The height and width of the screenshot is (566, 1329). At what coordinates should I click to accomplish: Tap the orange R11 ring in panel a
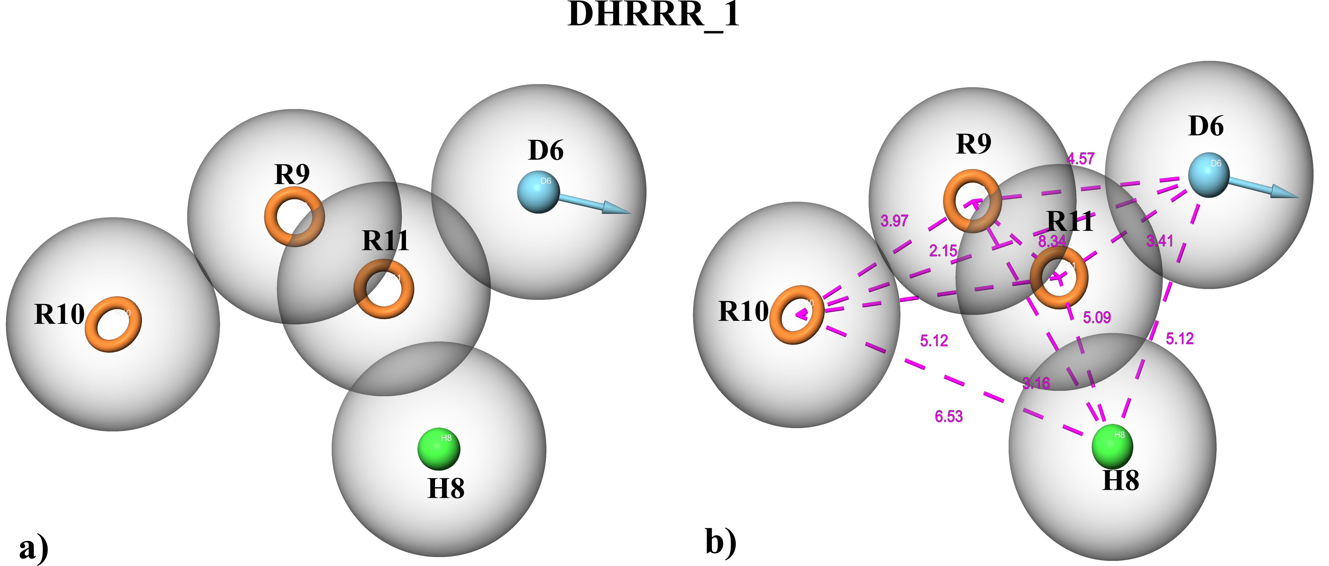(x=361, y=289)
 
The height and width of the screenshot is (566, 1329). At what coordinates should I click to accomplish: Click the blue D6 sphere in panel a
(x=538, y=192)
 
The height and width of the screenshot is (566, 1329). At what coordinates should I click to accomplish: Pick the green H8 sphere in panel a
(x=439, y=449)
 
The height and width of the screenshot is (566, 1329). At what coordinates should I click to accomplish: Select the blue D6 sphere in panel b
(x=1208, y=174)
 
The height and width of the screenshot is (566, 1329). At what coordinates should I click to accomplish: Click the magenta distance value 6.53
(x=948, y=416)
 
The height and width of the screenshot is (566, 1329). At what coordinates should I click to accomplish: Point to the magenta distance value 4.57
(x=1080, y=159)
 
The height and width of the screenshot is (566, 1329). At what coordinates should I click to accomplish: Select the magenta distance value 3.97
(x=894, y=221)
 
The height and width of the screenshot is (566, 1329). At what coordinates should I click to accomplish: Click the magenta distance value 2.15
(x=942, y=251)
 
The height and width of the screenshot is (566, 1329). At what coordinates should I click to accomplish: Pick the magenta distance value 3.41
(x=1160, y=241)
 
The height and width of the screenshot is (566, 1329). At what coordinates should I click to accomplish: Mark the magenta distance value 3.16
(x=1036, y=383)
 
